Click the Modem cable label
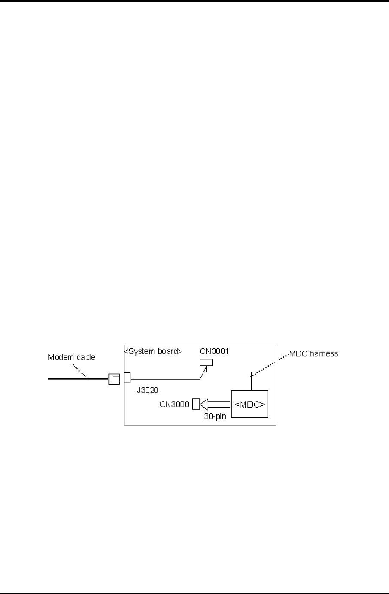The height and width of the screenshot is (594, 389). tap(72, 357)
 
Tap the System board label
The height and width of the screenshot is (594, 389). tap(153, 351)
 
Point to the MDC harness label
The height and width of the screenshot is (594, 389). tap(314, 353)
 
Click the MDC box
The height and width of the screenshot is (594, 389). tap(249, 404)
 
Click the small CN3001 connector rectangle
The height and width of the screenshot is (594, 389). tap(206, 363)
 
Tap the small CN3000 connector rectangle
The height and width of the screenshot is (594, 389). tap(196, 404)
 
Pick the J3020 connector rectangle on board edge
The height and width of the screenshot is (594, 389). tap(127, 378)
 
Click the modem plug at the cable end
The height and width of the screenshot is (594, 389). tap(114, 379)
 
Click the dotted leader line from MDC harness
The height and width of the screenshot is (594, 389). tap(270, 365)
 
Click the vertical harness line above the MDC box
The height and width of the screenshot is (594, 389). tap(250, 382)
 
